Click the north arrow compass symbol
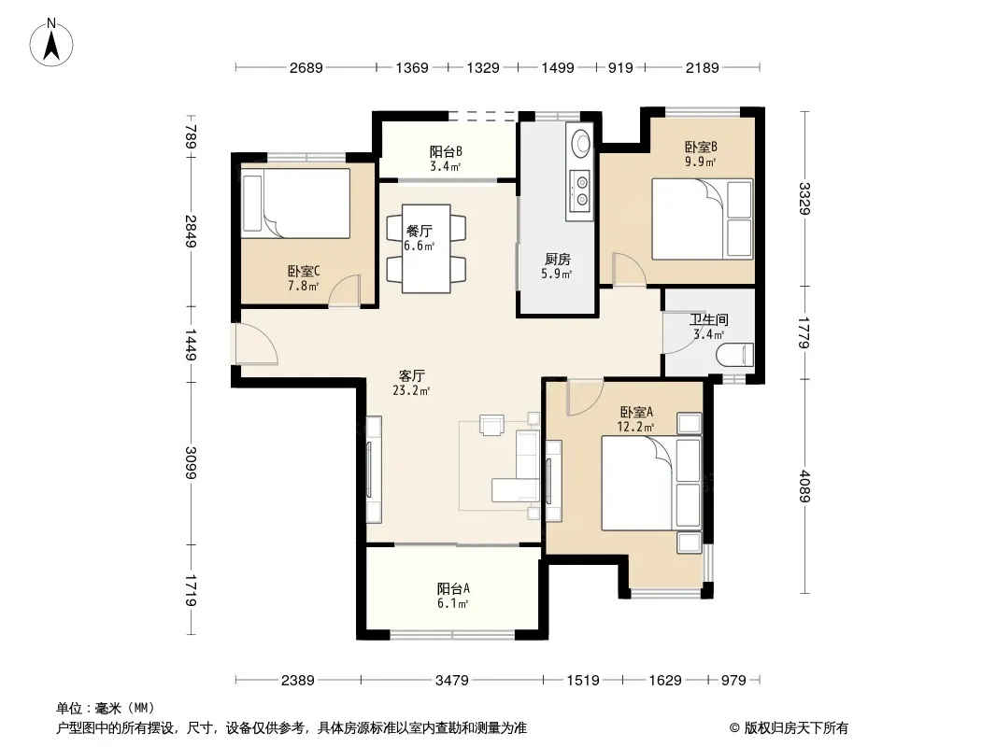[51, 43]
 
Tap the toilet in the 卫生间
[735, 355]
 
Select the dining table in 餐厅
[426, 248]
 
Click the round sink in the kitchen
[580, 142]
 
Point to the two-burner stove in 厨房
[580, 191]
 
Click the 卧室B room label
[701, 148]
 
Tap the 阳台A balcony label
[453, 588]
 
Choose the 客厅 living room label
[412, 375]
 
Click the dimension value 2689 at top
[306, 68]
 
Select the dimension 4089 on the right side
[804, 486]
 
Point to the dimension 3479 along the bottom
[451, 681]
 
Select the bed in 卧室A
[652, 483]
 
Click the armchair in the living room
[491, 425]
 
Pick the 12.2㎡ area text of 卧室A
[635, 427]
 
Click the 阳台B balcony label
[446, 151]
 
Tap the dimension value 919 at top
[620, 68]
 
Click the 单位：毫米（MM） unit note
[106, 708]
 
